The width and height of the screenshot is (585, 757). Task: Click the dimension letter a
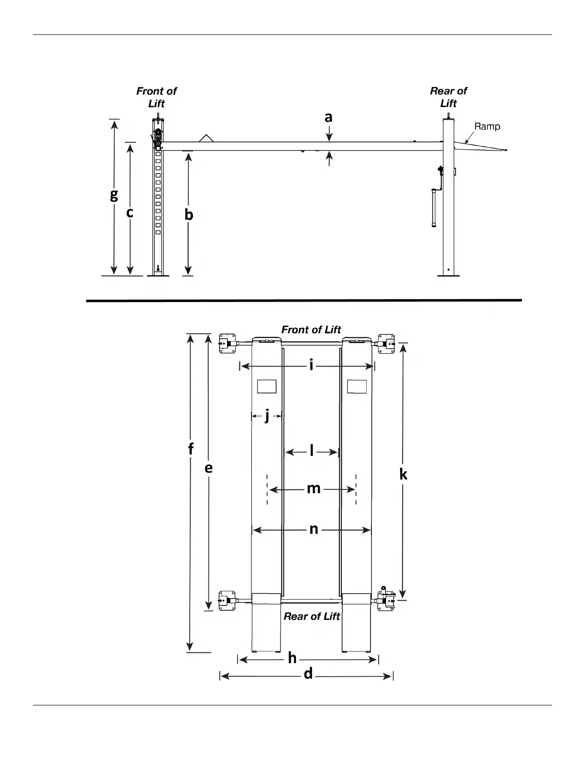[328, 118]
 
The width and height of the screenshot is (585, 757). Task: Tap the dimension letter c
[130, 212]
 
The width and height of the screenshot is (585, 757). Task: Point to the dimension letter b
[189, 215]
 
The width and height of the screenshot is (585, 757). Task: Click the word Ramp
[487, 127]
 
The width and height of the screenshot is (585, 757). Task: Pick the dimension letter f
[191, 449]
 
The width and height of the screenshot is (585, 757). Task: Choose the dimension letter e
[208, 468]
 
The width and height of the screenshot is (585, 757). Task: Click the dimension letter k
[403, 474]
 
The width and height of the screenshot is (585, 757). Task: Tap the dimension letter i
[311, 366]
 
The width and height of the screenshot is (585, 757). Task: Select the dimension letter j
[267, 416]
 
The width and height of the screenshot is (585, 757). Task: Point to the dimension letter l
[312, 451]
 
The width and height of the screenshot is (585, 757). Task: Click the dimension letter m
[314, 488]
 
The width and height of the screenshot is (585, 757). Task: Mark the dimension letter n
[314, 529]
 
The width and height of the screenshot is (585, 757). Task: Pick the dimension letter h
[292, 659]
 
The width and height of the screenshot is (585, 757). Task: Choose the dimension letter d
[308, 674]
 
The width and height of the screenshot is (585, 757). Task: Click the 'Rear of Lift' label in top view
[312, 616]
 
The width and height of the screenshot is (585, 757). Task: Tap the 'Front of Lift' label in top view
[311, 330]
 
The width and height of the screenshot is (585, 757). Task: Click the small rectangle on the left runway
[267, 386]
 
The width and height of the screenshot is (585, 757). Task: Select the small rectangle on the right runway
[357, 386]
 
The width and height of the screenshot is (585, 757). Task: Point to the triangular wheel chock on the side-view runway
[206, 138]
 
